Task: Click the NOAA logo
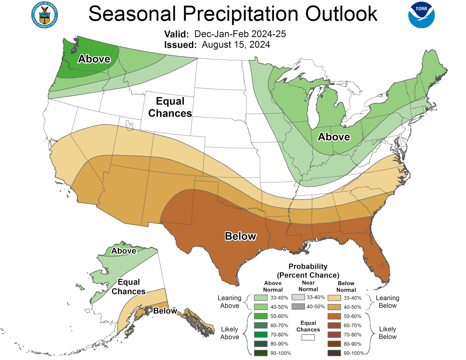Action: (421, 15)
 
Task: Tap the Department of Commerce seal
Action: (45, 15)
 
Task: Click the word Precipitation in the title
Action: (240, 14)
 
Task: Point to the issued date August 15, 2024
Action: (236, 45)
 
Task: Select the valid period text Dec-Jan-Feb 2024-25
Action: (240, 34)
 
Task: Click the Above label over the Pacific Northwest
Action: (94, 59)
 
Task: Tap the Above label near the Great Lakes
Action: (334, 137)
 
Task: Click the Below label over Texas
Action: (241, 236)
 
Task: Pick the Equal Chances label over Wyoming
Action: (170, 107)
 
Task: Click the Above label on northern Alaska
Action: (124, 251)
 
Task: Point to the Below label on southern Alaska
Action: (165, 311)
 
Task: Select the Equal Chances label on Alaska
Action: (128, 287)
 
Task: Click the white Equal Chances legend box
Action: (308, 337)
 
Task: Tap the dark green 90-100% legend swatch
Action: (261, 353)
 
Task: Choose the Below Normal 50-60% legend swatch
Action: (334, 316)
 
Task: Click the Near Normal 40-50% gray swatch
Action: (298, 306)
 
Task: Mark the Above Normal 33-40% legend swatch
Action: (261, 298)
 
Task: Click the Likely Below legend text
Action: (387, 333)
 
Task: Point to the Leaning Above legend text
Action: (230, 302)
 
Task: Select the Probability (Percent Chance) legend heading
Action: (308, 271)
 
